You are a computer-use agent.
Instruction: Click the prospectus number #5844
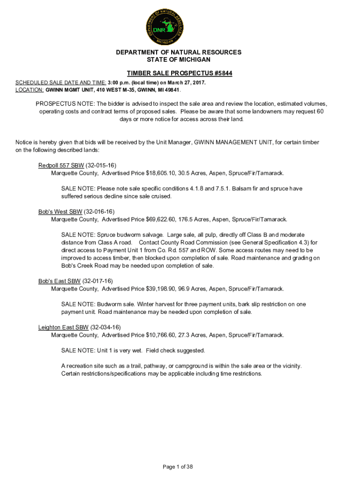pos(220,73)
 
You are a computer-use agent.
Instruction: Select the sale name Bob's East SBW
pos(59,281)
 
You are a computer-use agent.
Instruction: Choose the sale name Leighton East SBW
pos(64,327)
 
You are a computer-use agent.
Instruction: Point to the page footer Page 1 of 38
pos(178,466)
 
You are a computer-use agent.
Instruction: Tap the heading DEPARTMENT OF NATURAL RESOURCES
pos(179,52)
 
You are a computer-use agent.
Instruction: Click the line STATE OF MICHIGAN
pos(179,59)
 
